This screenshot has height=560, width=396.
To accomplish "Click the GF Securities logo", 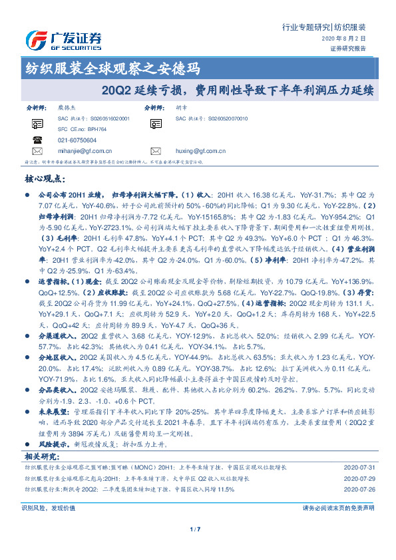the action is coord(63,41).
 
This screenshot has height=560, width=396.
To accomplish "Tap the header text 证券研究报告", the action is coord(347,48).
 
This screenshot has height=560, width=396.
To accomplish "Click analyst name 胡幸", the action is coord(181,106).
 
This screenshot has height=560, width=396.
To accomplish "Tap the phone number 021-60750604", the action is coord(77,141).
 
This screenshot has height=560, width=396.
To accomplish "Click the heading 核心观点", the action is coord(44,179).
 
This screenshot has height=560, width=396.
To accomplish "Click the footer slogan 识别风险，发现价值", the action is coord(48,507).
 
